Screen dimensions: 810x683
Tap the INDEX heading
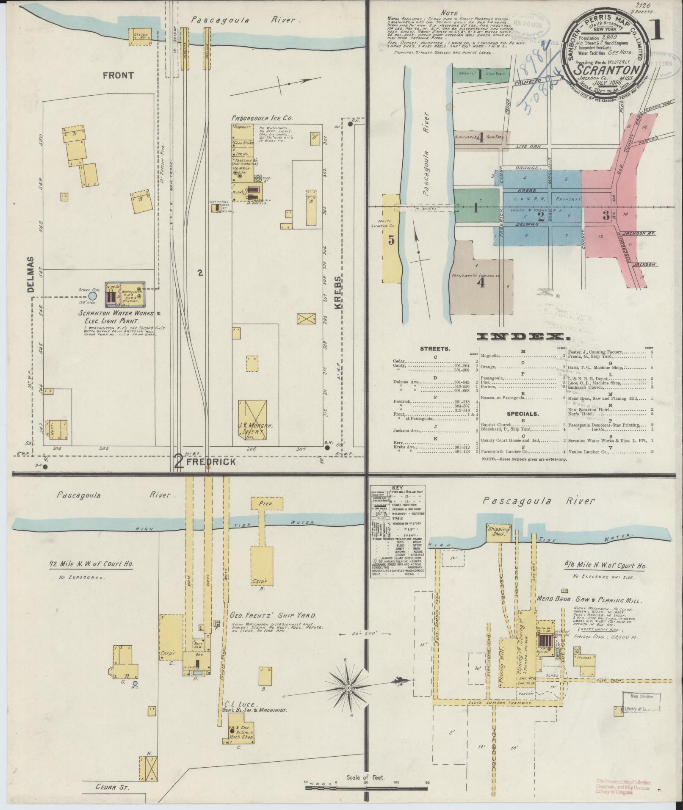pyautogui.click(x=523, y=337)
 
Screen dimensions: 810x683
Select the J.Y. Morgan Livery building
pyautogui.click(x=253, y=420)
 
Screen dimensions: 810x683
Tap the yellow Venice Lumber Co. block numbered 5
pyautogui.click(x=391, y=239)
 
